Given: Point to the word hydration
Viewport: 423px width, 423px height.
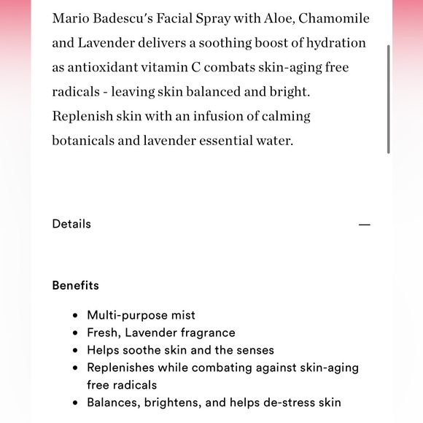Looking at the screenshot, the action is (333, 43).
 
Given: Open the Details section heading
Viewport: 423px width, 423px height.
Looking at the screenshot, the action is (71, 224).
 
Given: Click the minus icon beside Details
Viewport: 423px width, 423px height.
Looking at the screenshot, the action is (365, 225).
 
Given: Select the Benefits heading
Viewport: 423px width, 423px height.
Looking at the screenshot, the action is (75, 285).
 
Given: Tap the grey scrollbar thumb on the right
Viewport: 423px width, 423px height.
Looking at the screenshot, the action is (389, 98).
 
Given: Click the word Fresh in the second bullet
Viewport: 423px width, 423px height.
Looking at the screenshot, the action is (103, 333).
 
